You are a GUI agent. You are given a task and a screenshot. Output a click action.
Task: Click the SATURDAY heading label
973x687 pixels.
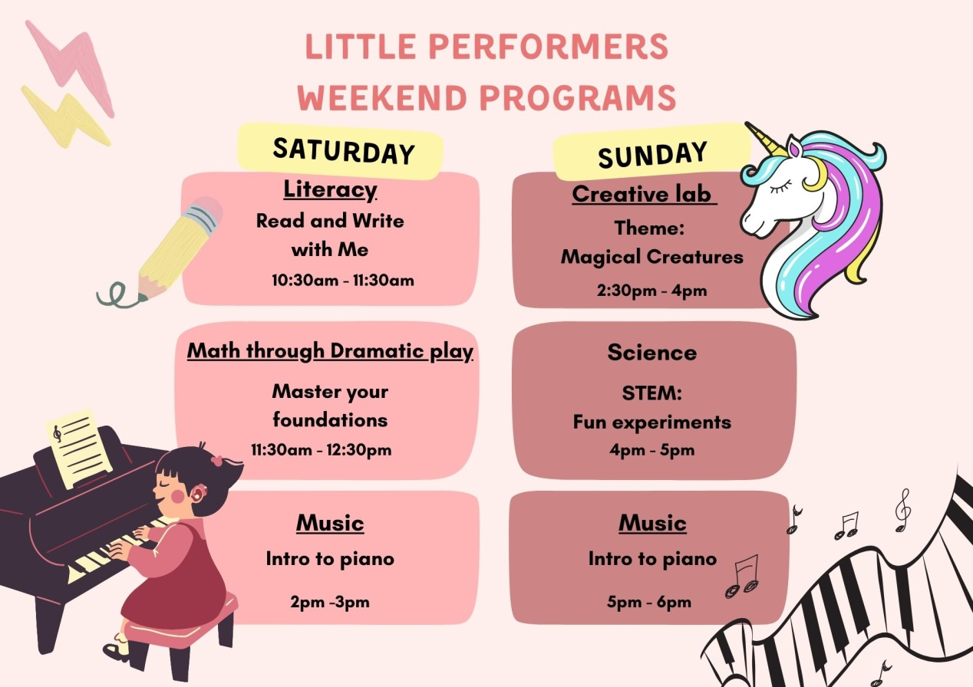coord(344,150)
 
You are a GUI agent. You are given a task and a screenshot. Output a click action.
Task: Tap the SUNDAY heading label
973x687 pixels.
coord(652,155)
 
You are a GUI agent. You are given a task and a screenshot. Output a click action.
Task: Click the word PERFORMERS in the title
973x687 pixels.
coord(549,47)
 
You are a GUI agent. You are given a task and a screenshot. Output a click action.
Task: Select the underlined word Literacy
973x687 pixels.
coord(330,189)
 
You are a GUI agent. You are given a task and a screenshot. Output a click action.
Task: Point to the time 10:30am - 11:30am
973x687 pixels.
coord(343,281)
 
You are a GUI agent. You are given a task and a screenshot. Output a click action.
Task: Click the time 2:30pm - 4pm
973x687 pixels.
coord(651,291)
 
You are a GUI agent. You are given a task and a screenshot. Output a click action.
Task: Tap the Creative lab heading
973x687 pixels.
coord(642,193)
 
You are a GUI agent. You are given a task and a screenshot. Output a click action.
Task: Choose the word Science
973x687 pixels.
coord(652,352)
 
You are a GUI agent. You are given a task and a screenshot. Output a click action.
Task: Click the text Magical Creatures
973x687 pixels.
coord(651,257)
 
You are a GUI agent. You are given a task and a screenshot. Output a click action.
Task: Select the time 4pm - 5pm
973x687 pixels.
coord(651,450)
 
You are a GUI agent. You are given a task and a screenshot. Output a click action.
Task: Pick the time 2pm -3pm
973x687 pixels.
coord(330,602)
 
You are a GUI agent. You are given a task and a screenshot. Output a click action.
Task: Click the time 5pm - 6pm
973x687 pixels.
coord(649,602)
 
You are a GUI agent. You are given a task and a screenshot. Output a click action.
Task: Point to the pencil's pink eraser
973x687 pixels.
coord(208,209)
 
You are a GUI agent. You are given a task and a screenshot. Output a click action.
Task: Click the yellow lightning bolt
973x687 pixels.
coord(65,117)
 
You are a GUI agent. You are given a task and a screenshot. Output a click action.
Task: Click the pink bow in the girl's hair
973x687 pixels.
coord(216,461)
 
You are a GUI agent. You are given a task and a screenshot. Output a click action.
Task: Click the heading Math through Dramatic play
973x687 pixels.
coord(330,351)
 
